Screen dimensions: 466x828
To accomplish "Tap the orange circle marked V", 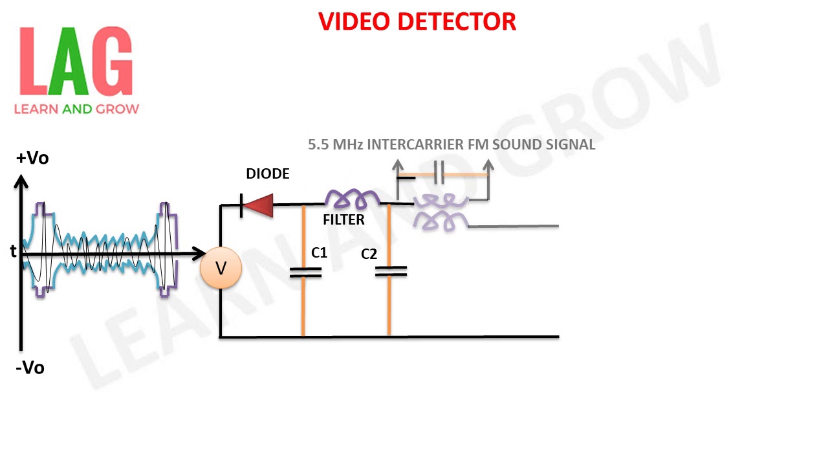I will point(221,268).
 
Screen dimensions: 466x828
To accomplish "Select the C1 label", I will point(320,253).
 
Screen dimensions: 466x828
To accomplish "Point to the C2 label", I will point(369,254).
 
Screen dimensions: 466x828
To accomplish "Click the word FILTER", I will point(343,220).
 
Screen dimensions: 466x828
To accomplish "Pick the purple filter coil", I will point(352,198).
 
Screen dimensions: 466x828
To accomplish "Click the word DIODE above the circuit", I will point(268,174).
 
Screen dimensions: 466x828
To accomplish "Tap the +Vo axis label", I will point(32,158).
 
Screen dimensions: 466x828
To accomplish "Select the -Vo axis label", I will point(30,368).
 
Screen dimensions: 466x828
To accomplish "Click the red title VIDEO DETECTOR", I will point(417,22).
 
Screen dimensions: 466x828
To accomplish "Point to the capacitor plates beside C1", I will point(305,272).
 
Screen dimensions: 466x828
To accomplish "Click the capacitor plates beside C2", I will point(391,271).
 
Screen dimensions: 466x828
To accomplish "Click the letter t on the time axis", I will point(13,252).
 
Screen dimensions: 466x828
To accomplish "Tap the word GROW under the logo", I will point(118,109).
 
